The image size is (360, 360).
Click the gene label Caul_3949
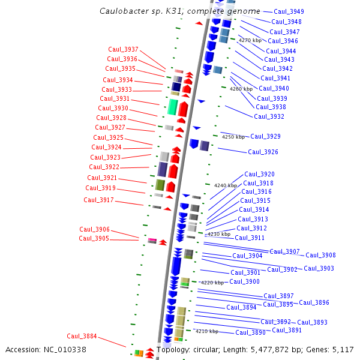click(289, 12)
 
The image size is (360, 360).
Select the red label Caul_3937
click(123, 49)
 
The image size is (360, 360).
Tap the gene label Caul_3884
click(82, 336)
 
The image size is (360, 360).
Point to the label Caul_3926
click(263, 152)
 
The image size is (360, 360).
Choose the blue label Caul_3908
click(320, 256)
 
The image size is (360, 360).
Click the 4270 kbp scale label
click(250, 40)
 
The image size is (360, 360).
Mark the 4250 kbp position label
click(233, 137)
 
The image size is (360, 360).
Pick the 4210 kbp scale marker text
click(206, 331)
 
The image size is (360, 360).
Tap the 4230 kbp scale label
click(218, 234)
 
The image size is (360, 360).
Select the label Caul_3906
click(95, 229)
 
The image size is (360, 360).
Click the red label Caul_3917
click(98, 200)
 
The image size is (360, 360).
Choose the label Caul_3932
click(269, 117)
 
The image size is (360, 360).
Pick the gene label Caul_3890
click(250, 333)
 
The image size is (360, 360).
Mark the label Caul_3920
click(259, 175)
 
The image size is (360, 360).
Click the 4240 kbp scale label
click(226, 185)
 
